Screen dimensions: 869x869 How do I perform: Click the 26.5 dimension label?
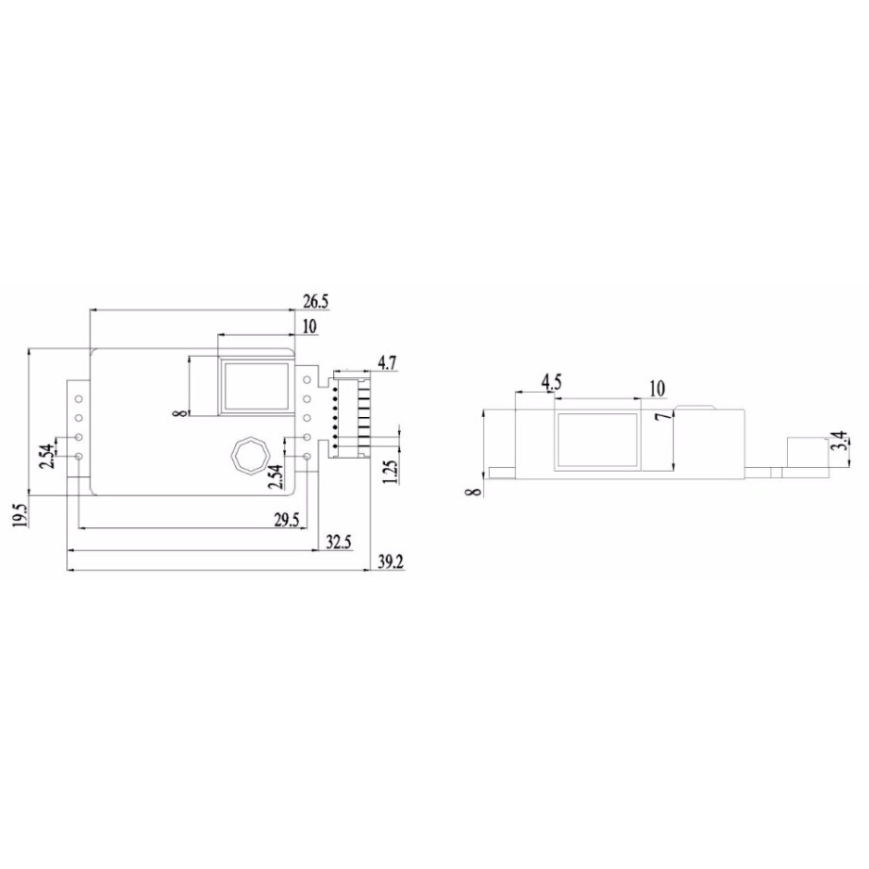coord(316,302)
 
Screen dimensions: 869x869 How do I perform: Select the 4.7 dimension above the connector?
coord(387,362)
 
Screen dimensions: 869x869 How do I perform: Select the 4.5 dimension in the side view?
coord(552,382)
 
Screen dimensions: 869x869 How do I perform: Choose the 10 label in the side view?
coord(657,388)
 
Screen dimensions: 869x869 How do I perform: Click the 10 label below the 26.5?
coord(309,326)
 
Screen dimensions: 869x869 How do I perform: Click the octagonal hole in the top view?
coord(250,455)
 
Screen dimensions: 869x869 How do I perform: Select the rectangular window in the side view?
coord(597,441)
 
